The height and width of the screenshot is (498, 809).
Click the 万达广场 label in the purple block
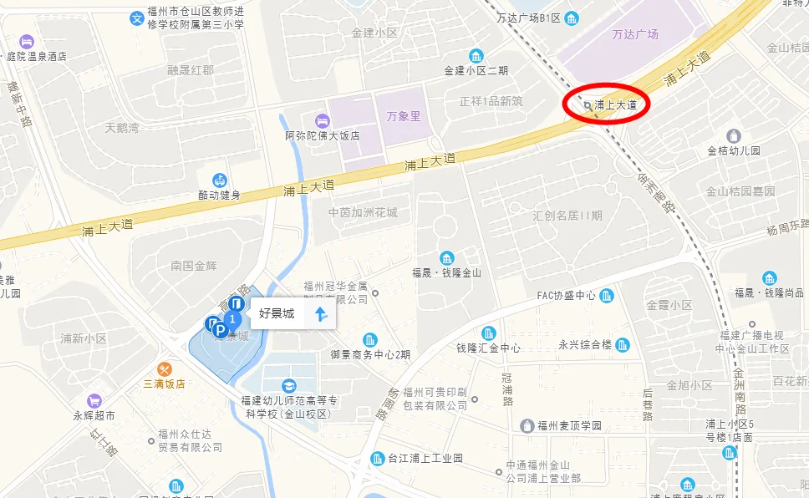pyautogui.click(x=635, y=34)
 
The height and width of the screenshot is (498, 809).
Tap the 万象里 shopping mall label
pyautogui.click(x=404, y=116)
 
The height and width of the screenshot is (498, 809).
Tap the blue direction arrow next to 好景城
pyautogui.click(x=320, y=314)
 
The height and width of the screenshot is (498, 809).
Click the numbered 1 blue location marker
pyautogui.click(x=234, y=319)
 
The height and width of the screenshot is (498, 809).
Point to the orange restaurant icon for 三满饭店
pyautogui.click(x=164, y=368)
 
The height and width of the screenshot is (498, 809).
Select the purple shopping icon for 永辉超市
pyautogui.click(x=93, y=401)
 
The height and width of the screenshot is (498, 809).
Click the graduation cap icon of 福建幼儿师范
pyautogui.click(x=288, y=385)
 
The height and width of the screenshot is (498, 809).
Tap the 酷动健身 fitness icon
pyautogui.click(x=219, y=180)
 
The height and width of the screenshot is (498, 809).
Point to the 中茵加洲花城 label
pyautogui.click(x=363, y=212)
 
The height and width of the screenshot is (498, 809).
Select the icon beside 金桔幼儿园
pyautogui.click(x=734, y=136)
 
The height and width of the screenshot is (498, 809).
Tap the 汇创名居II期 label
pyautogui.click(x=567, y=216)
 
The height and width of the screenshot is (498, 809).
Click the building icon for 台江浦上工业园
pyautogui.click(x=377, y=459)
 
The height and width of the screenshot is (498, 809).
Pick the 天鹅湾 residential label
pyautogui.click(x=122, y=128)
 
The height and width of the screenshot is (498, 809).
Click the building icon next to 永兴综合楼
pyautogui.click(x=623, y=344)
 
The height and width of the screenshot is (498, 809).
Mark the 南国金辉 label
pyautogui.click(x=194, y=265)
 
